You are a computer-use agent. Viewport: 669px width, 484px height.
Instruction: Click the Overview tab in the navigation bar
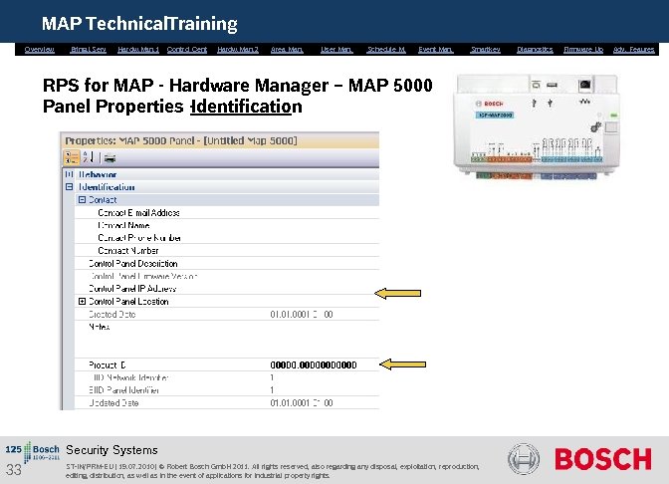pyautogui.click(x=39, y=49)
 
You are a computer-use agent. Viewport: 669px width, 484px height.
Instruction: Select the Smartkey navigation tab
pyautogui.click(x=485, y=49)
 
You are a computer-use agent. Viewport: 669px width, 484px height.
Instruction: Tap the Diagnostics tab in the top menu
pyautogui.click(x=535, y=49)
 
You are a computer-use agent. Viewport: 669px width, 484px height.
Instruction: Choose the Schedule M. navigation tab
pyautogui.click(x=385, y=49)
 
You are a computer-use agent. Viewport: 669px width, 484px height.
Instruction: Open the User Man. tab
pyautogui.click(x=336, y=49)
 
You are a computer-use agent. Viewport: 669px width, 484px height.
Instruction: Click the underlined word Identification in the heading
pyautogui.click(x=247, y=107)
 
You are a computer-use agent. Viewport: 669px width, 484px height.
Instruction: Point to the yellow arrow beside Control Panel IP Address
pyautogui.click(x=396, y=292)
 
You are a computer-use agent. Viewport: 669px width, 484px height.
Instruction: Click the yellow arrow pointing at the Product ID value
pyautogui.click(x=403, y=364)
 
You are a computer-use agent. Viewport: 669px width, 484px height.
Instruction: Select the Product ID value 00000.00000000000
pyautogui.click(x=313, y=364)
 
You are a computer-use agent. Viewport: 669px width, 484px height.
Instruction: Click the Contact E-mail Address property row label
pyautogui.click(x=138, y=212)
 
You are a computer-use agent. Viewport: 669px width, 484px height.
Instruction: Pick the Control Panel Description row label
pyautogui.click(x=133, y=263)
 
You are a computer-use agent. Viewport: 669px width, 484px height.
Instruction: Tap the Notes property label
pyautogui.click(x=99, y=327)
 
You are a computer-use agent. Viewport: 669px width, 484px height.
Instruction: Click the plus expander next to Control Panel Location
pyautogui.click(x=83, y=301)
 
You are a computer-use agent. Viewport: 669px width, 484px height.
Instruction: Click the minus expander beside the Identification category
pyautogui.click(x=68, y=186)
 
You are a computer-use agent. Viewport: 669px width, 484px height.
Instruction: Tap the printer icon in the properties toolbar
pyautogui.click(x=111, y=157)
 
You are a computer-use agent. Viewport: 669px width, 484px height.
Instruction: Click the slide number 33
pyautogui.click(x=14, y=470)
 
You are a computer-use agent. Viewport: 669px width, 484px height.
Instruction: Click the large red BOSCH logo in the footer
pyautogui.click(x=602, y=459)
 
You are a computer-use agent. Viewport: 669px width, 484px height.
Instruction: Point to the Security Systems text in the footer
pyautogui.click(x=111, y=450)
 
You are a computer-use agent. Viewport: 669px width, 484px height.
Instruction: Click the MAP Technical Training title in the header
pyautogui.click(x=139, y=23)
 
